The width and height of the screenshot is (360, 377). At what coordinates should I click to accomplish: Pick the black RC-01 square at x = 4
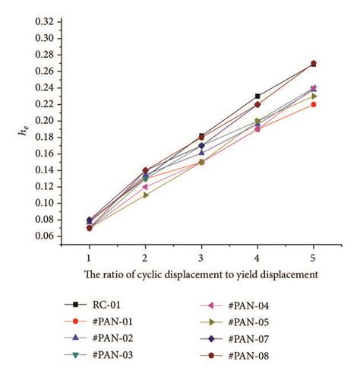pos(257,97)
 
